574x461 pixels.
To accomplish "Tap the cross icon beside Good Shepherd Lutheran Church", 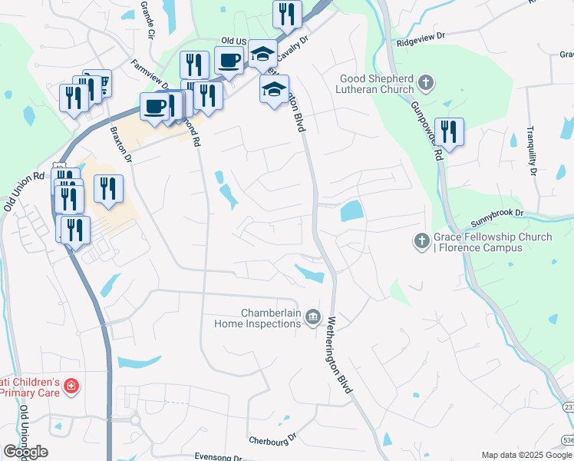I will pos(427,82).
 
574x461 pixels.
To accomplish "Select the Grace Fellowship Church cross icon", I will pos(421,242).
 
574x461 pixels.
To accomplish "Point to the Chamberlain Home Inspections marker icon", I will pos(312,317).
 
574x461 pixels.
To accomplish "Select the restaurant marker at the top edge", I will pos(287,13).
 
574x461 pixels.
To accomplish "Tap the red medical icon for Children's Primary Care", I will pos(71,386).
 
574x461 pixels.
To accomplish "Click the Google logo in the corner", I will pos(25,452).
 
